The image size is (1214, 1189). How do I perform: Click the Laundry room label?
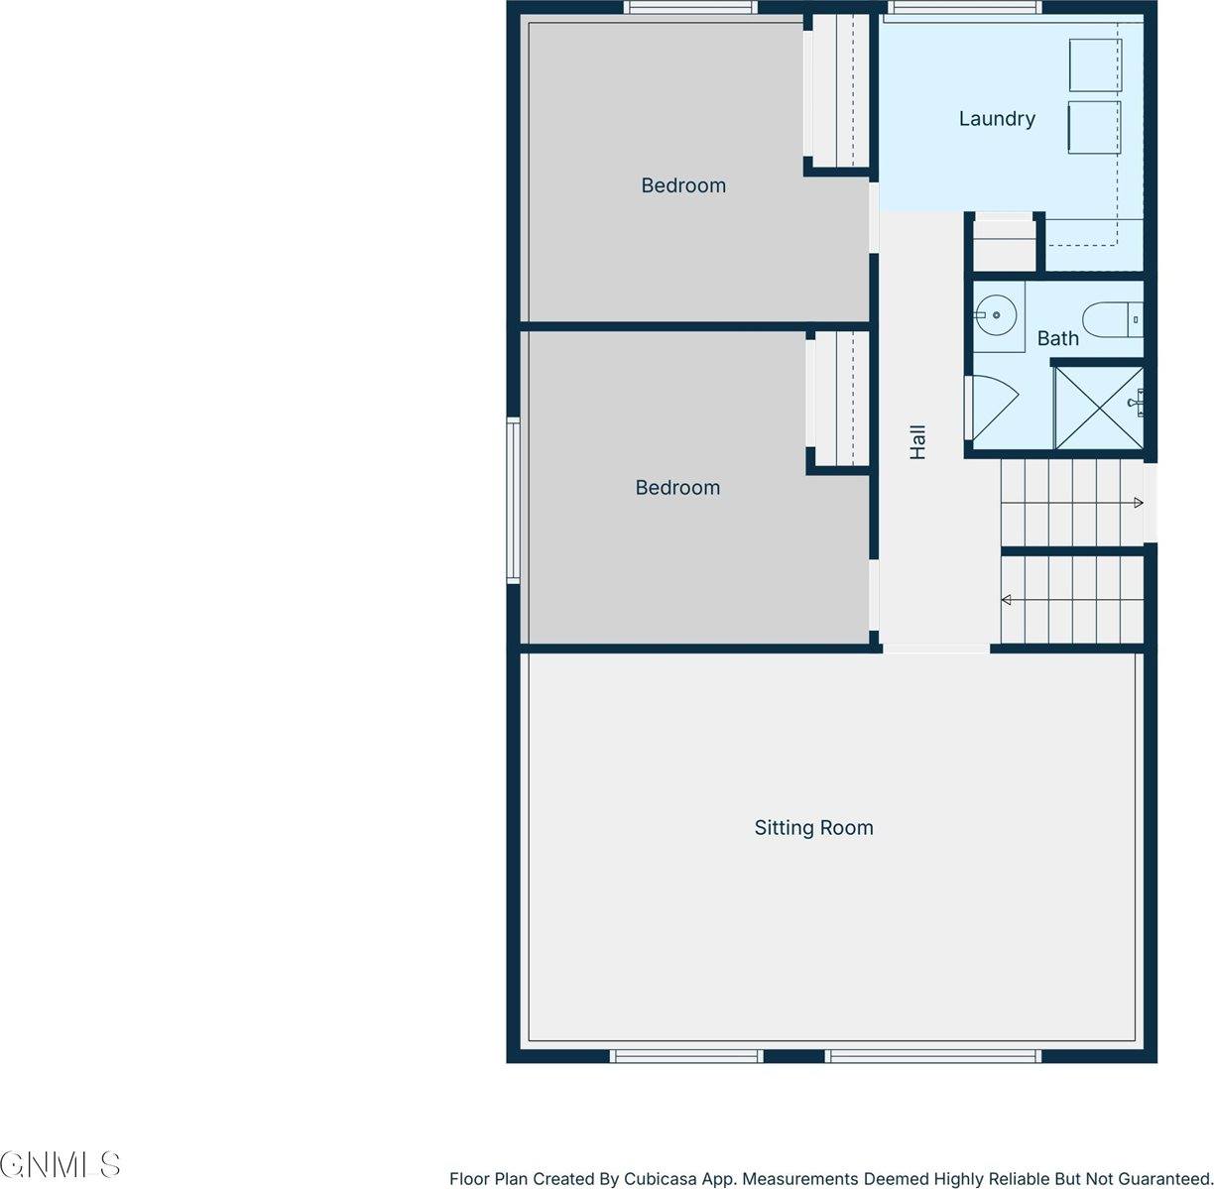point(997,119)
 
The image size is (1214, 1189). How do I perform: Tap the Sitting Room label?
point(813,828)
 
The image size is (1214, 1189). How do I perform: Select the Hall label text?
point(918,442)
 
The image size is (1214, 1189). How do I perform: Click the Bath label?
point(1057,339)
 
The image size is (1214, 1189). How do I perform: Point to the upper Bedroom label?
point(683,185)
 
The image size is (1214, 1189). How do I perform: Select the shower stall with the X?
point(1097,408)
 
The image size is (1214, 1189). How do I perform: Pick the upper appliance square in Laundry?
point(1094,65)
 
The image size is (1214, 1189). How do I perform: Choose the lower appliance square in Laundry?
point(1094,127)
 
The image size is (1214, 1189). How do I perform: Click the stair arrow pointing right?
point(1139,504)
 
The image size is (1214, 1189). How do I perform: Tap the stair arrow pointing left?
point(1006,600)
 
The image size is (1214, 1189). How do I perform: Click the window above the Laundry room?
point(963,8)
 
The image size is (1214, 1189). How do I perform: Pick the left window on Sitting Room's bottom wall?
point(685,1056)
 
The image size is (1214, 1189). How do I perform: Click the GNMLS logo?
point(61,1164)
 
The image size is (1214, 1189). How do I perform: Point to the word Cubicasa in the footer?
point(662,1179)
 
